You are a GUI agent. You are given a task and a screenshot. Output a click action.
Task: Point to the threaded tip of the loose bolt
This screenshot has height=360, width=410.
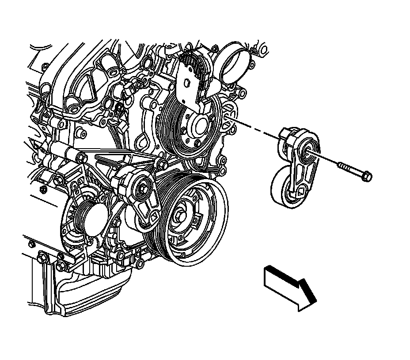pos(341,166)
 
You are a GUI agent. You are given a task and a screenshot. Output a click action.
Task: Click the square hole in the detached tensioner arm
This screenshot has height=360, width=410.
pos(301,191)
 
